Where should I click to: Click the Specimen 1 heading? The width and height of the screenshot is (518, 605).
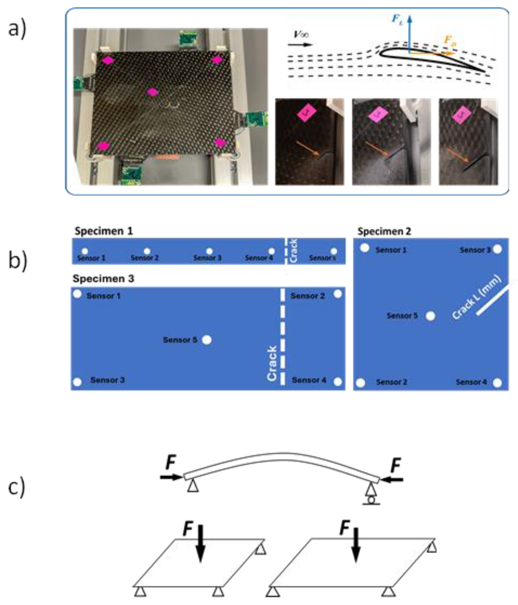point(104,231)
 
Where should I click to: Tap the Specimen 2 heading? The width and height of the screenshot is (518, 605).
point(384,231)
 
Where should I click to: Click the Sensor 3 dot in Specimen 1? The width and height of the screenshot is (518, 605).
point(209,251)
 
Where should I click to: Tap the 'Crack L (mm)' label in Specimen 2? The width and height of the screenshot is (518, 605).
point(476,297)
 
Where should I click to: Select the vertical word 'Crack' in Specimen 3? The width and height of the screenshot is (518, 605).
point(272,363)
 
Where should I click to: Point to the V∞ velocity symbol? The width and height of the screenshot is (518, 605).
point(301,34)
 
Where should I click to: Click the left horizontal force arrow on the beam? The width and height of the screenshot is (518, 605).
point(171,477)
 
